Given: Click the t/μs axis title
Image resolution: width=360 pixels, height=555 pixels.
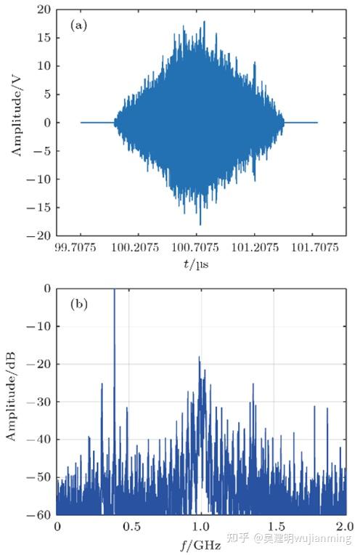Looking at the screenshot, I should click(196, 266).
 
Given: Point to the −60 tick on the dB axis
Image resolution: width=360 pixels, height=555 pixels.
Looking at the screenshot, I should click(40, 514).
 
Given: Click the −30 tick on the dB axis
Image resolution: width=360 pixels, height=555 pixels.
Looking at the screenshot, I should click(40, 402).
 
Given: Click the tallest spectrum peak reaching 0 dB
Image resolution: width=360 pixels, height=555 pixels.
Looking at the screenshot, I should click(114, 291).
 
